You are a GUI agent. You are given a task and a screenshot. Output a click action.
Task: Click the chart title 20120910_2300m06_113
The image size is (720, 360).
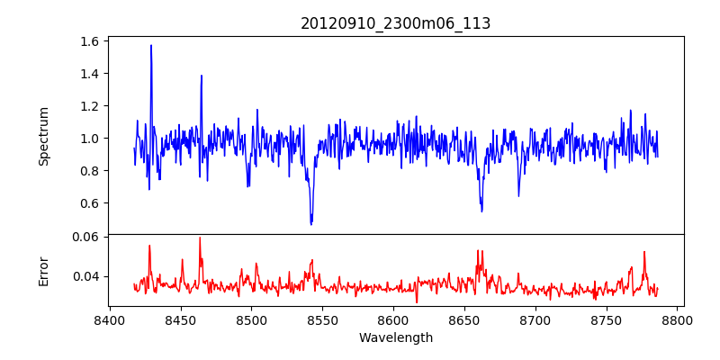[395, 23]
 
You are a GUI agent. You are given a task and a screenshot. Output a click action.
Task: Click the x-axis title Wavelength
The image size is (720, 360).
[395, 337]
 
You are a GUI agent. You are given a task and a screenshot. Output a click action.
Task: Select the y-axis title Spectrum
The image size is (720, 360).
[43, 136]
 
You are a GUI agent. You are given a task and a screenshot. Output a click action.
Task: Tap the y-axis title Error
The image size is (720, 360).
[43, 270]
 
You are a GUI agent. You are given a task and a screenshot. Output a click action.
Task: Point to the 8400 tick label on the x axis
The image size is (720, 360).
[109, 320]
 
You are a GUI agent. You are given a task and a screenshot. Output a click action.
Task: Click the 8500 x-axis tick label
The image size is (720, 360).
[251, 320]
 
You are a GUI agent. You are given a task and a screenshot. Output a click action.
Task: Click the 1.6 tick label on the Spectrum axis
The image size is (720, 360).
[88, 41]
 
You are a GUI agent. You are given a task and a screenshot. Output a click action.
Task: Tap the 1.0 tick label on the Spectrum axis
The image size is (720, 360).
[88, 139]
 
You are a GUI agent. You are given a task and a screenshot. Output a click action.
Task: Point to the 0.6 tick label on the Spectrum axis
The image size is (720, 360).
[88, 203]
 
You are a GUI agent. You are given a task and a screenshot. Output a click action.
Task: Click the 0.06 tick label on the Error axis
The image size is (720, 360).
[85, 237]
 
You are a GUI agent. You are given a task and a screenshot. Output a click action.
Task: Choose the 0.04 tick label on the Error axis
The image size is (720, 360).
[85, 276]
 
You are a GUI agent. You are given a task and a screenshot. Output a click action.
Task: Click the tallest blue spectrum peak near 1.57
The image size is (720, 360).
[151, 45]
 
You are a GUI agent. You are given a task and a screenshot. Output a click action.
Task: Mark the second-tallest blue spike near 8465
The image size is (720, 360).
[202, 76]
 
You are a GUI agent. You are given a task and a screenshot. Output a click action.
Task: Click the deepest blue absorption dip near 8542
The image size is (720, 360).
[311, 223]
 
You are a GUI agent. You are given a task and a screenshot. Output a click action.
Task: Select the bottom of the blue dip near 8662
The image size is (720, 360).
[482, 211]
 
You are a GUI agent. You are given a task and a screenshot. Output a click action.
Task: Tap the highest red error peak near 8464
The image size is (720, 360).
[200, 238]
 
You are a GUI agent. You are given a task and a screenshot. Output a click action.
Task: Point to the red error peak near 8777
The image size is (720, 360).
[644, 252]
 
